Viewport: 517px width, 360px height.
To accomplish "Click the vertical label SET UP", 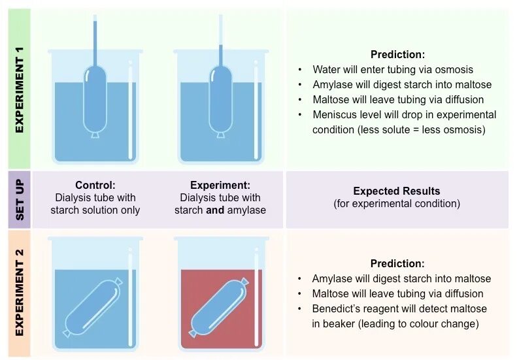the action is pos(19,199).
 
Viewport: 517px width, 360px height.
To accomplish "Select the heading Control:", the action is pos(95,186).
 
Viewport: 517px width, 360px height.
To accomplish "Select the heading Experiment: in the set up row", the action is pos(220,186).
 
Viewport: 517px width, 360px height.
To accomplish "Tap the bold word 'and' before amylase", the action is pos(214,210).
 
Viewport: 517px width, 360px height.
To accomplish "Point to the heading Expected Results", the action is pos(397,191).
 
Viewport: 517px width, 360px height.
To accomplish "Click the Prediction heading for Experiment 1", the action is pos(397,55).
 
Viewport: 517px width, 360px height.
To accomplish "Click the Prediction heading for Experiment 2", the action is pos(397,264).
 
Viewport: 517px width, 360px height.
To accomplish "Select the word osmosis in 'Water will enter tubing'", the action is pos(454,69).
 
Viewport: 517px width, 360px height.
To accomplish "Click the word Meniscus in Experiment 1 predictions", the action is pos(333,115).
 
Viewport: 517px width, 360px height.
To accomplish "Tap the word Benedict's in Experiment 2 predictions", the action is pos(336,308).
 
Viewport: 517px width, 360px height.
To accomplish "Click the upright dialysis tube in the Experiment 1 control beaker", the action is pos(95,98).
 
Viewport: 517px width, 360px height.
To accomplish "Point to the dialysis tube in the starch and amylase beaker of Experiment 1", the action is pos(221,98).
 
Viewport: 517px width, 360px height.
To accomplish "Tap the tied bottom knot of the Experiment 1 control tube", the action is pos(95,135).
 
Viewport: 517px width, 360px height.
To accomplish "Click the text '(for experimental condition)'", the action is pos(397,204).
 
